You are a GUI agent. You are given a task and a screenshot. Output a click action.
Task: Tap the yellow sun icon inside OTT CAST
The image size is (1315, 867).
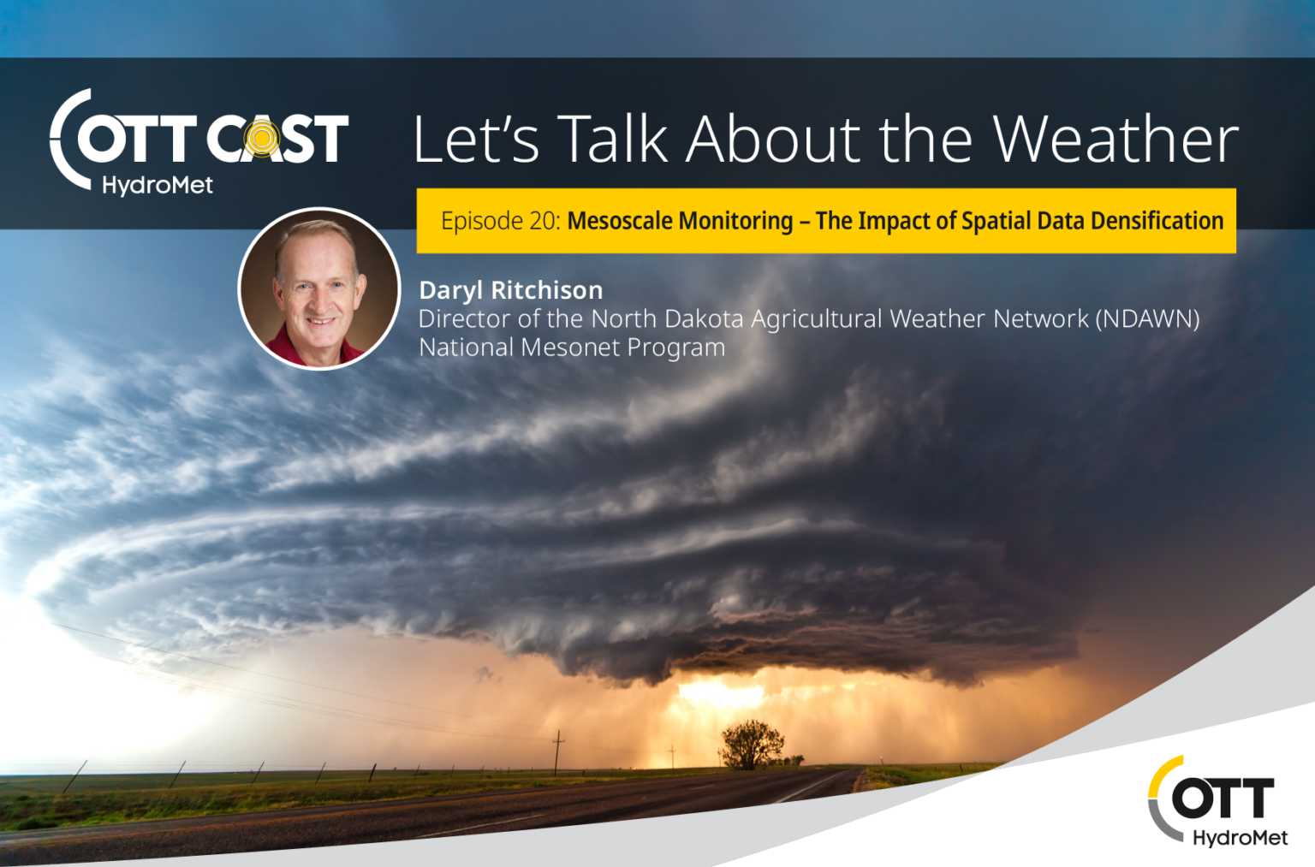pos(262,139)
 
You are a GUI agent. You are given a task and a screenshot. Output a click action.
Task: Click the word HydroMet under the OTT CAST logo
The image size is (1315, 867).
pos(158,186)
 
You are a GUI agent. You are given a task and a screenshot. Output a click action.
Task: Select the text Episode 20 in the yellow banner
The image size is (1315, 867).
pos(501,222)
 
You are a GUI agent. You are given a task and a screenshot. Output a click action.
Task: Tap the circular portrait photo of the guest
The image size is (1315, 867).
pos(319,288)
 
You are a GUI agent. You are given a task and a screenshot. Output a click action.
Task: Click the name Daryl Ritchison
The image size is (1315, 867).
pos(511,290)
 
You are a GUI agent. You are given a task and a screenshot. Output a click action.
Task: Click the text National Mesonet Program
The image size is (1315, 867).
pos(572,347)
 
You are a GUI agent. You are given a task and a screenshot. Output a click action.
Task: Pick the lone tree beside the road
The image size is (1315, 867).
pos(753,745)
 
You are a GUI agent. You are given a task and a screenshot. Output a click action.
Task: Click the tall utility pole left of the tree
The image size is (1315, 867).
pos(557,753)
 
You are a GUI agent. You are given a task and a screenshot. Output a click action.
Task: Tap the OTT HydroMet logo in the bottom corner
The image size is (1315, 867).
pos(1218,801)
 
